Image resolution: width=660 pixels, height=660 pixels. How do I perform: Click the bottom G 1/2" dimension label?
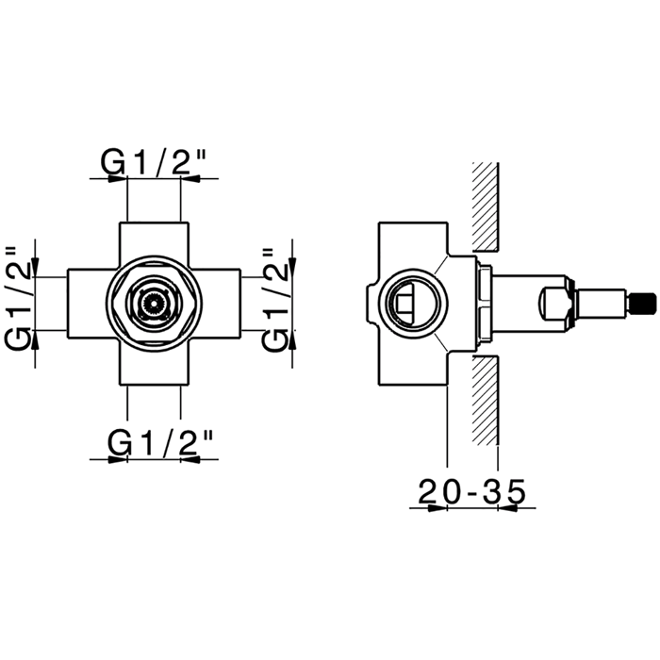tap(160, 442)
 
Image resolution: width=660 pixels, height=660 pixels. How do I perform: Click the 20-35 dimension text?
tap(472, 491)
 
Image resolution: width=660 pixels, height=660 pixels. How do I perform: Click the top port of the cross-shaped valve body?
tap(154, 239)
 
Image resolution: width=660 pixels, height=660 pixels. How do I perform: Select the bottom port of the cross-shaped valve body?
tap(154, 365)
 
